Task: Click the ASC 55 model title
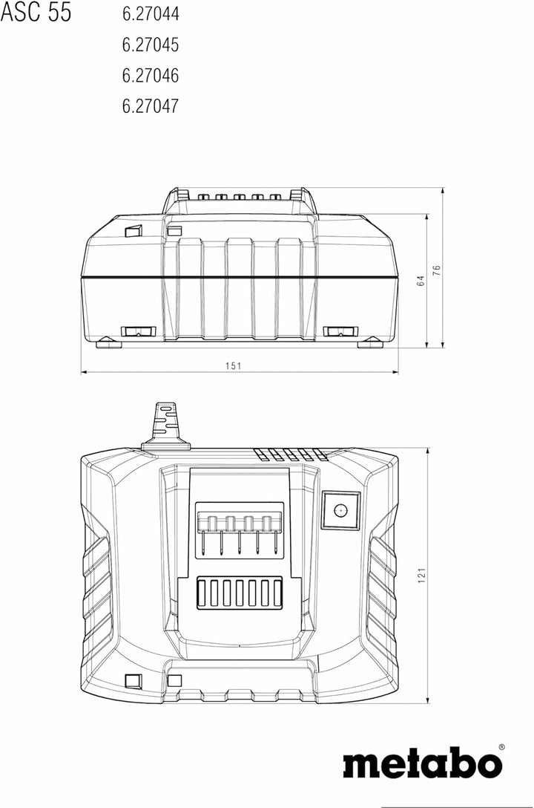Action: tap(36, 12)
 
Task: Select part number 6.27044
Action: tap(151, 14)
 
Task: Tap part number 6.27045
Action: tap(151, 45)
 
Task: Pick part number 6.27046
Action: tap(151, 76)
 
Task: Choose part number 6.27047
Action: tap(151, 106)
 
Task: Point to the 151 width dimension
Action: tap(233, 366)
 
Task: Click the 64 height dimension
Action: tap(421, 281)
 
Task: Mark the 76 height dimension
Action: tap(437, 270)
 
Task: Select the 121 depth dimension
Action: tap(422, 575)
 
